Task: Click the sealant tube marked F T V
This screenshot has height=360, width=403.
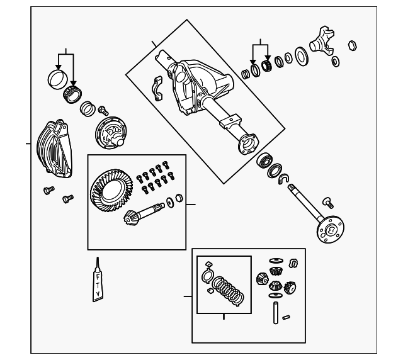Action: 98,283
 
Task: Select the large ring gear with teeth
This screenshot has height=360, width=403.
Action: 111,191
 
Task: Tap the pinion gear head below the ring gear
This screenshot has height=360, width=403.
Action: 130,217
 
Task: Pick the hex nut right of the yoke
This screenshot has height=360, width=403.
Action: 353,45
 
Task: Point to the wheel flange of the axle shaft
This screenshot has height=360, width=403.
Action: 330,230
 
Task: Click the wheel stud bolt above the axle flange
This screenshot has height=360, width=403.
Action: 328,203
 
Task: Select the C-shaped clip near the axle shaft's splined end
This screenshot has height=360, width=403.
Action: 284,179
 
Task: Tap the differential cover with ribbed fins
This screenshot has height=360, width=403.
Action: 54,149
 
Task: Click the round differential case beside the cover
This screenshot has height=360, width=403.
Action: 111,133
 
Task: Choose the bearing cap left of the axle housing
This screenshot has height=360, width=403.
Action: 157,88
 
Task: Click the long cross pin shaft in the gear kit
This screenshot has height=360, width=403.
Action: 276,313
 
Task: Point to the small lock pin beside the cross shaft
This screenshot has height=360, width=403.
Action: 286,318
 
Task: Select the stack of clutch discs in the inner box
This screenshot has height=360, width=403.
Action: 228,291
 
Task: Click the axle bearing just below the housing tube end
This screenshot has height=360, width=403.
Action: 264,160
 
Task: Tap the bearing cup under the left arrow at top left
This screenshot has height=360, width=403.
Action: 57,80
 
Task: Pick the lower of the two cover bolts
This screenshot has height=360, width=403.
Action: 68,199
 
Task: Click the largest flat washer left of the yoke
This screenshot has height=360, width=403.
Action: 301,56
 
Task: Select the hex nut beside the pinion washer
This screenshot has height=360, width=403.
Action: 179,198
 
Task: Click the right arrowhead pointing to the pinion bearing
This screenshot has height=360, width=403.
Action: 268,59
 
